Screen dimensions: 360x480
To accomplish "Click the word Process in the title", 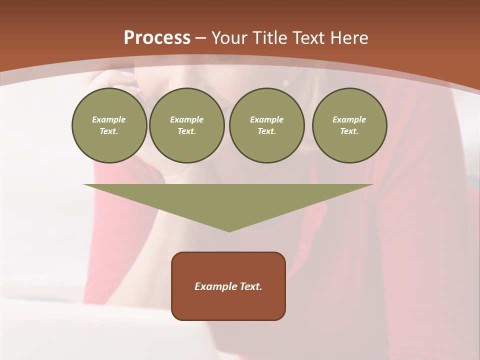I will coord(157,38).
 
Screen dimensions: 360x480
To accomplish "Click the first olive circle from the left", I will coord(109,125).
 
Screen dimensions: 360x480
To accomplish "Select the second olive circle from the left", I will coord(186,125).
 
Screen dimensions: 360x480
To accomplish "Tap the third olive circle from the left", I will coord(266,125).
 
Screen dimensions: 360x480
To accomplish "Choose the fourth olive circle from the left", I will coord(349,125).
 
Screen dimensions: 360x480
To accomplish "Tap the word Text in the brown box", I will coord(251,286).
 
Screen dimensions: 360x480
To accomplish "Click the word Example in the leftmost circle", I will coord(109,119).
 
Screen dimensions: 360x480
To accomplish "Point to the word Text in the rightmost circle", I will coord(349,131).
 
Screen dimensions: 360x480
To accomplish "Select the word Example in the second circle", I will coord(186,119).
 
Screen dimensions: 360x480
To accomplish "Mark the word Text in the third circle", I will coord(266,131).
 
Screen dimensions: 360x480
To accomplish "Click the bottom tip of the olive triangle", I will coord(229,231).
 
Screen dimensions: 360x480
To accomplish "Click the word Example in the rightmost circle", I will coord(349,119).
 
